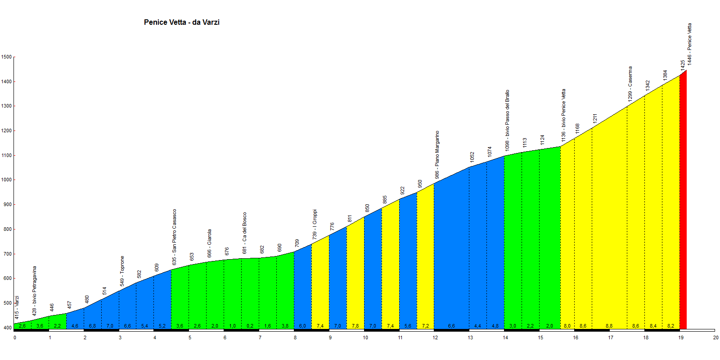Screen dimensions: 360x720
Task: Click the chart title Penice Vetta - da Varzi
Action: pyautogui.click(x=181, y=22)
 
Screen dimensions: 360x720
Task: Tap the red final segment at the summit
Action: pyautogui.click(x=683, y=202)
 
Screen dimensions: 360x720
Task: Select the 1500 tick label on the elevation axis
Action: pyautogui.click(x=6, y=57)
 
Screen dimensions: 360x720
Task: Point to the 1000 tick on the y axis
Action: pyautogui.click(x=6, y=180)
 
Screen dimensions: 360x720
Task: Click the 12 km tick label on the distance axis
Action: pyautogui.click(x=435, y=337)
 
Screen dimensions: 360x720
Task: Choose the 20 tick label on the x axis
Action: pyautogui.click(x=715, y=337)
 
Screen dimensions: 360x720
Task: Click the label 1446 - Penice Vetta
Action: pyautogui.click(x=689, y=44)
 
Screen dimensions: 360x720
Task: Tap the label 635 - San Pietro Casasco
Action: pyautogui.click(x=174, y=237)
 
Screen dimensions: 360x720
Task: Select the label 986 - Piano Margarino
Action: pyautogui.click(x=437, y=155)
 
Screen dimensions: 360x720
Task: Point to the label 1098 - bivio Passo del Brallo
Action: pyautogui.click(x=507, y=120)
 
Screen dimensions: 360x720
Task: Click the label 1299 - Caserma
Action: pyautogui.click(x=630, y=84)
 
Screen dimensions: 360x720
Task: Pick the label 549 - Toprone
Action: pyautogui.click(x=122, y=271)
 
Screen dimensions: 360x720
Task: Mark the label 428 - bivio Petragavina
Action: pyautogui.click(x=35, y=290)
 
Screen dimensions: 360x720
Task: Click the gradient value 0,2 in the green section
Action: pyautogui.click(x=250, y=326)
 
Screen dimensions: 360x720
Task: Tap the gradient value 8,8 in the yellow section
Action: pyautogui.click(x=609, y=326)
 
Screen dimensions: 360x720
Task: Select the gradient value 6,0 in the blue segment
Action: pyautogui.click(x=302, y=326)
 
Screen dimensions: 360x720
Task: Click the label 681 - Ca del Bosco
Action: pyautogui.click(x=244, y=233)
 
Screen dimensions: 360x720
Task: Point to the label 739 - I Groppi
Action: pyautogui.click(x=315, y=224)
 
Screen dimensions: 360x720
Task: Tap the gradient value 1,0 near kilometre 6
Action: pyautogui.click(x=232, y=326)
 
